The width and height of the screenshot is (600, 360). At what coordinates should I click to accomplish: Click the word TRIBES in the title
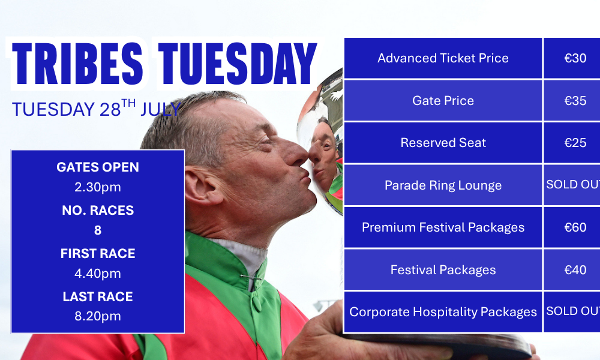[x=77, y=64]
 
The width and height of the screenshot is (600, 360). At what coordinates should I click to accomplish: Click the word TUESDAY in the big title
[x=238, y=64]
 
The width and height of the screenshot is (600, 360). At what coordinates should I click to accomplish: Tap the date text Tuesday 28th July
[x=96, y=109]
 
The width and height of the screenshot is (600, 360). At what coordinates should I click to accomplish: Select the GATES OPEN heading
[x=98, y=167]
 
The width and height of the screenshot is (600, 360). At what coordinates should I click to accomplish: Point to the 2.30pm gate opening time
[x=98, y=187]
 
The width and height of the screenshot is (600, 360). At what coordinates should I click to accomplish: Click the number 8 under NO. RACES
[x=98, y=230]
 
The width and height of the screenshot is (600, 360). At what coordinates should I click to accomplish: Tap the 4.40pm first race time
[x=98, y=274]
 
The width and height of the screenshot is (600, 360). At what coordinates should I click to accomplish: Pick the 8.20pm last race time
[x=98, y=316]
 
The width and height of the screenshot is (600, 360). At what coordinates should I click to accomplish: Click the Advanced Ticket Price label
[x=443, y=58]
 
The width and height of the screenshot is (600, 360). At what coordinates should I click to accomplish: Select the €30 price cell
[x=575, y=58]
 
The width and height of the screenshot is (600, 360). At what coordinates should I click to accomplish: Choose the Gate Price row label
[x=443, y=101]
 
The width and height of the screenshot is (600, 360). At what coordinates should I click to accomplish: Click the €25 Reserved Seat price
[x=575, y=143]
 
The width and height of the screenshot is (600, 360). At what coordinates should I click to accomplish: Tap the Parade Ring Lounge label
[x=443, y=185]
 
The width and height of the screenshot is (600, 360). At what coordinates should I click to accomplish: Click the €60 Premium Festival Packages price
[x=575, y=227]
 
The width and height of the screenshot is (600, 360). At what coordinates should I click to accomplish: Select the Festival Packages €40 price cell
[x=575, y=270]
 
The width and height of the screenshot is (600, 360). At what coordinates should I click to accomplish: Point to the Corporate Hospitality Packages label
[x=443, y=312]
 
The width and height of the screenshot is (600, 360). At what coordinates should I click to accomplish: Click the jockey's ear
[x=202, y=187]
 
